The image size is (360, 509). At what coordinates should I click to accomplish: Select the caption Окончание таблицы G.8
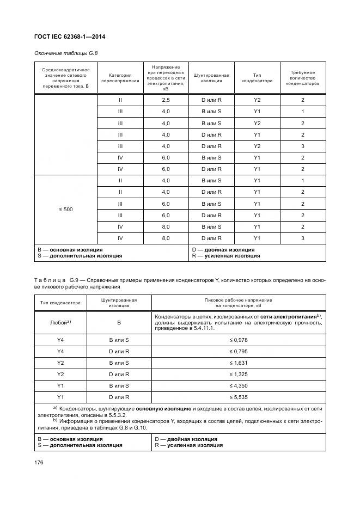[65, 53]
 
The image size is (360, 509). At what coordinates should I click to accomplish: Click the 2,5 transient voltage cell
[166, 100]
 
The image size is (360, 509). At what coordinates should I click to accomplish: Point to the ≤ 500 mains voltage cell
[65, 209]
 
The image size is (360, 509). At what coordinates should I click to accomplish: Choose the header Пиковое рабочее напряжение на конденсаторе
[239, 302]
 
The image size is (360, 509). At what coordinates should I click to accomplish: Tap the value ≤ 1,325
[239, 375]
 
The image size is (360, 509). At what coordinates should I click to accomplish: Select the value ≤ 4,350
[239, 387]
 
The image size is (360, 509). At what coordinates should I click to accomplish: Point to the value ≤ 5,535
[239, 398]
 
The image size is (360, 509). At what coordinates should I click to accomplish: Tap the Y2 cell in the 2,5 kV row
[258, 100]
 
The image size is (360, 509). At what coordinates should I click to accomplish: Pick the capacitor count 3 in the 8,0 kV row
[303, 238]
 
